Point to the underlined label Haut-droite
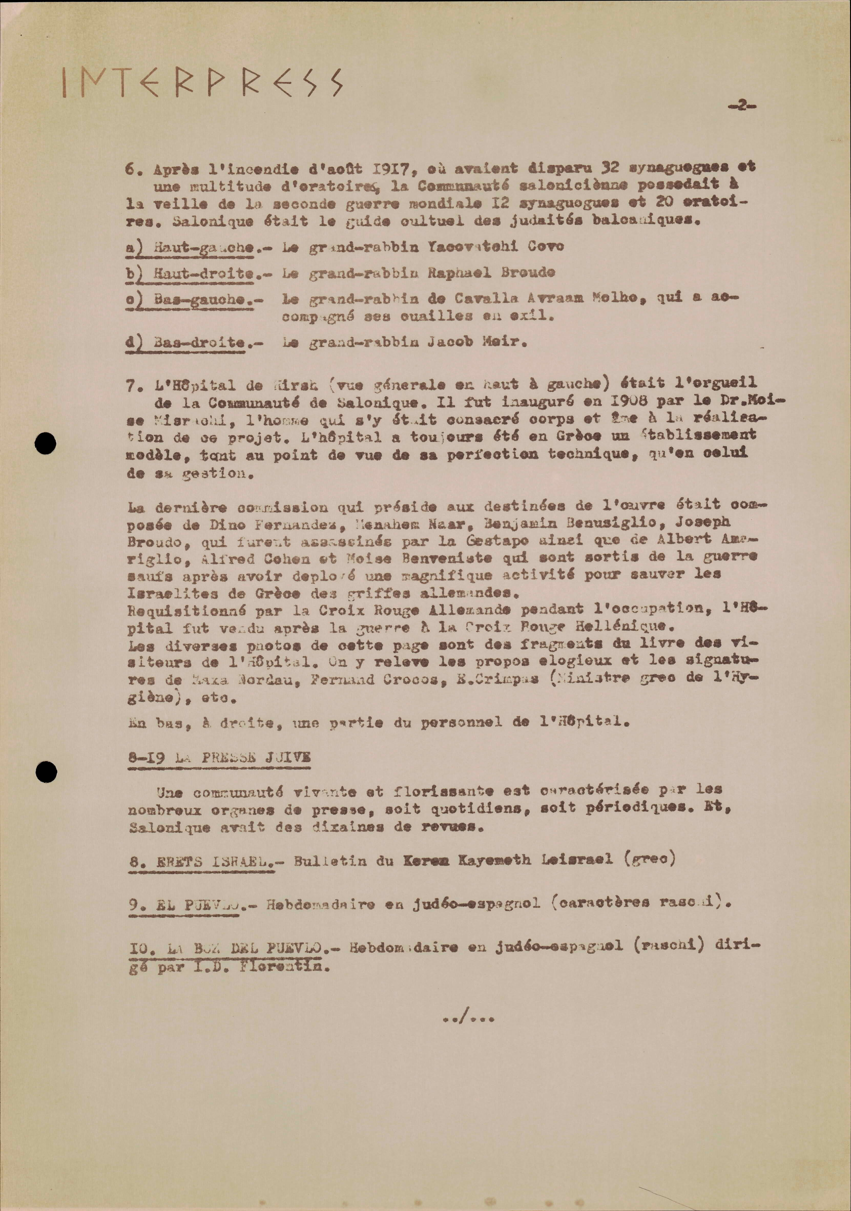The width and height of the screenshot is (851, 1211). point(203,273)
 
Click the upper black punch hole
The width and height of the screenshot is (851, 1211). point(45,443)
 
